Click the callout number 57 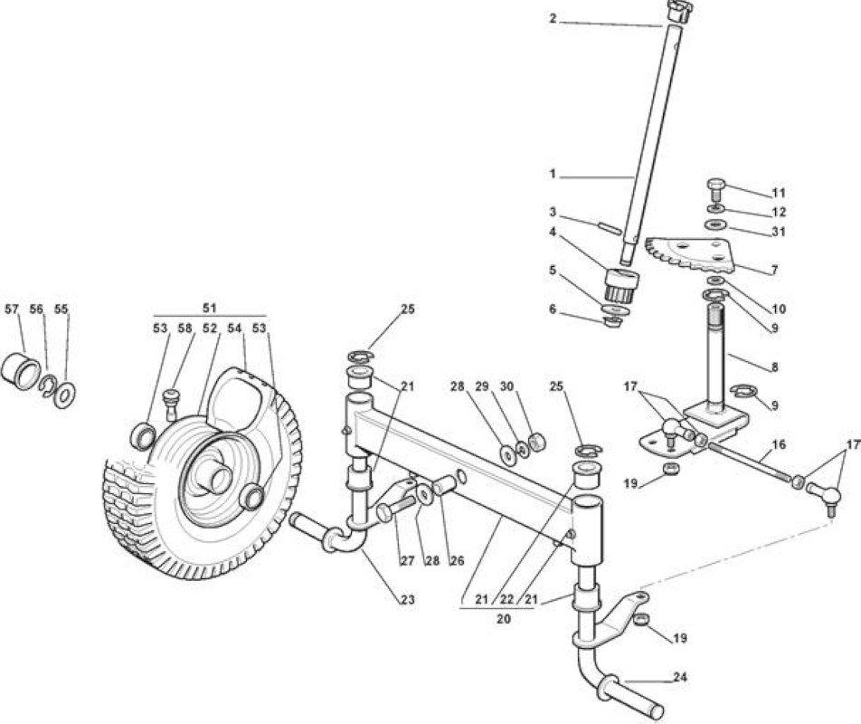[x=12, y=310]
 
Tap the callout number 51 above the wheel [x=209, y=308]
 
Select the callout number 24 [x=680, y=677]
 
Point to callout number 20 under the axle [x=504, y=619]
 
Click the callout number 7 [x=774, y=270]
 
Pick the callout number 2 [x=553, y=19]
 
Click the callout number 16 [x=780, y=444]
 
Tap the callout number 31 [x=778, y=232]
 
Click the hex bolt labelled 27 [x=396, y=508]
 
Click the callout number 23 [x=407, y=599]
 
